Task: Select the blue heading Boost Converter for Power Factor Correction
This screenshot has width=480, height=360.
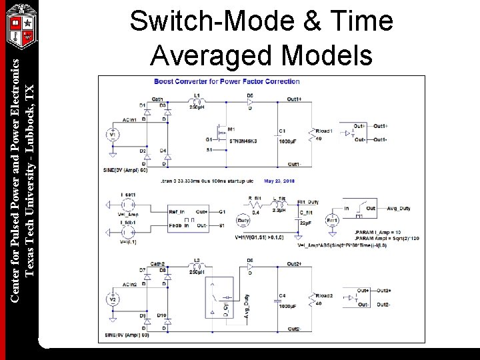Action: point(227,81)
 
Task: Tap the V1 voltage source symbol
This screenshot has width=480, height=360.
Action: point(113,135)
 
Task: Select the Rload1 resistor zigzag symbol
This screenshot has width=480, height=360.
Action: point(310,135)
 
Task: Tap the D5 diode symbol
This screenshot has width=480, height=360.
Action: point(250,101)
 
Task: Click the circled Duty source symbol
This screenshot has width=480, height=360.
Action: point(243,220)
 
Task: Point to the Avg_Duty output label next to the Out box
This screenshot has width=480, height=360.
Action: point(399,208)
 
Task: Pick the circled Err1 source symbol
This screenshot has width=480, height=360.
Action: point(332,221)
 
